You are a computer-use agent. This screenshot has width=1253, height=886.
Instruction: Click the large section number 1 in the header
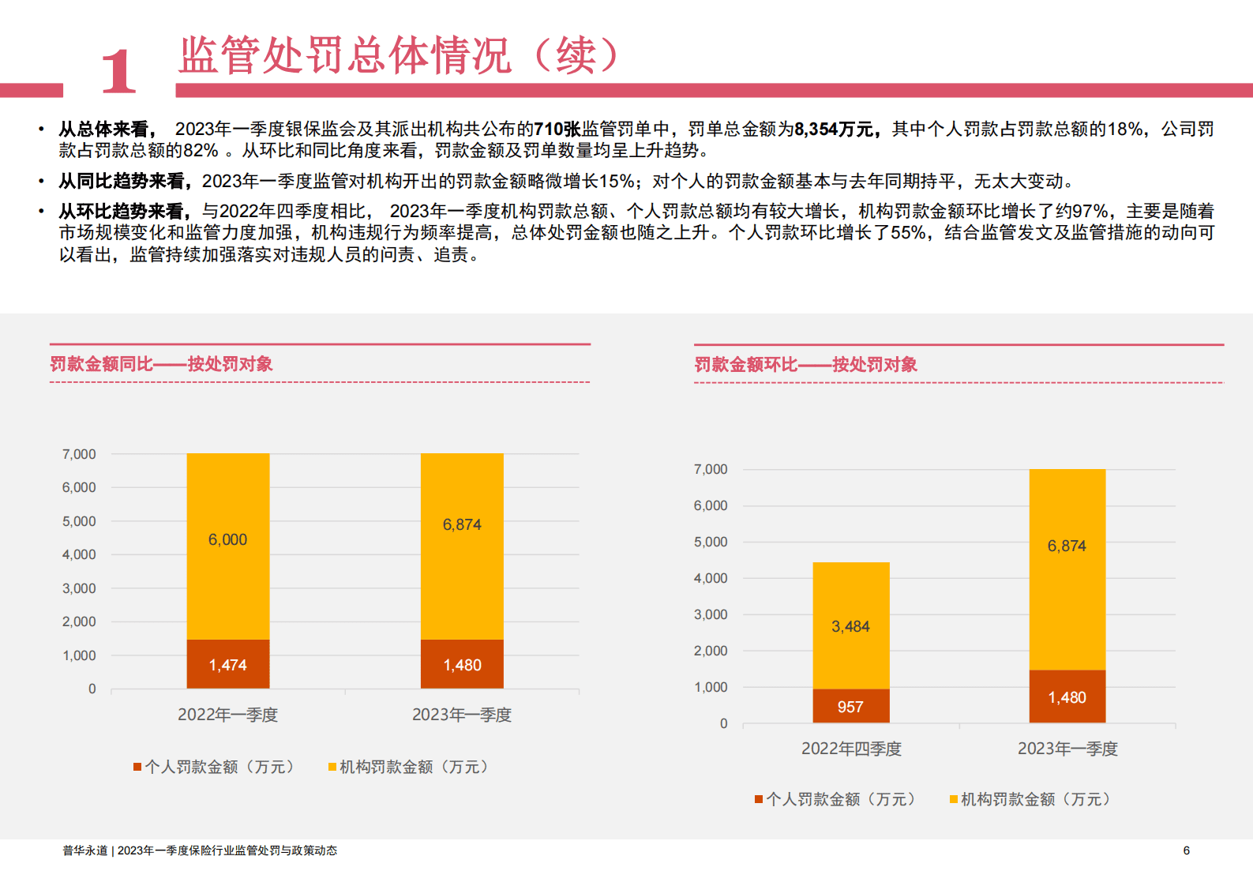click(118, 71)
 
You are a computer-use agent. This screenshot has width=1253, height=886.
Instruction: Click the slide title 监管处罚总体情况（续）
click(399, 55)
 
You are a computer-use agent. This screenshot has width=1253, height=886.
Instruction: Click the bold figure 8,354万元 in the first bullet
click(835, 130)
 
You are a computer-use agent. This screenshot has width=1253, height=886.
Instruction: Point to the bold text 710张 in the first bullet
click(557, 130)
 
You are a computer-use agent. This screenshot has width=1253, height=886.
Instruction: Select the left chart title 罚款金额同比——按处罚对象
click(161, 364)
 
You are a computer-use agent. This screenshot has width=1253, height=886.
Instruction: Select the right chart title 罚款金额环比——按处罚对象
click(805, 365)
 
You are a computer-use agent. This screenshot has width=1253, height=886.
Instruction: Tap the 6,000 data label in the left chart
click(227, 540)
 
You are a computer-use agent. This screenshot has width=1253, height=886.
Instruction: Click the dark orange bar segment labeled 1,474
click(227, 664)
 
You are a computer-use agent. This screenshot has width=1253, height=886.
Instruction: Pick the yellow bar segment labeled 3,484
click(850, 625)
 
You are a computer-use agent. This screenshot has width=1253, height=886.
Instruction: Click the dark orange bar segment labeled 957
click(850, 706)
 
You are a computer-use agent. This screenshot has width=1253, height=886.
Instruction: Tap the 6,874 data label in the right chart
click(1067, 546)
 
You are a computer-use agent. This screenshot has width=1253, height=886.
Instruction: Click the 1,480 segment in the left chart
click(462, 664)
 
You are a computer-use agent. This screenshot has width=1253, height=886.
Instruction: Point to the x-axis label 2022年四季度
click(851, 749)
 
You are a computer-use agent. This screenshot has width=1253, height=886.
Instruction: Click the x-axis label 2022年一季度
click(227, 715)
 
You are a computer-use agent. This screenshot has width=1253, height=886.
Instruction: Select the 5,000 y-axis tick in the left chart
click(79, 521)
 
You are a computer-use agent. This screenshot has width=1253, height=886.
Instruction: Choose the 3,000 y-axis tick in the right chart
click(711, 614)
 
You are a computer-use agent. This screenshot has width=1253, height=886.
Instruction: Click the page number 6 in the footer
click(1186, 850)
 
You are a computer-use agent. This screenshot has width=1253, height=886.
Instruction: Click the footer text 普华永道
click(84, 850)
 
